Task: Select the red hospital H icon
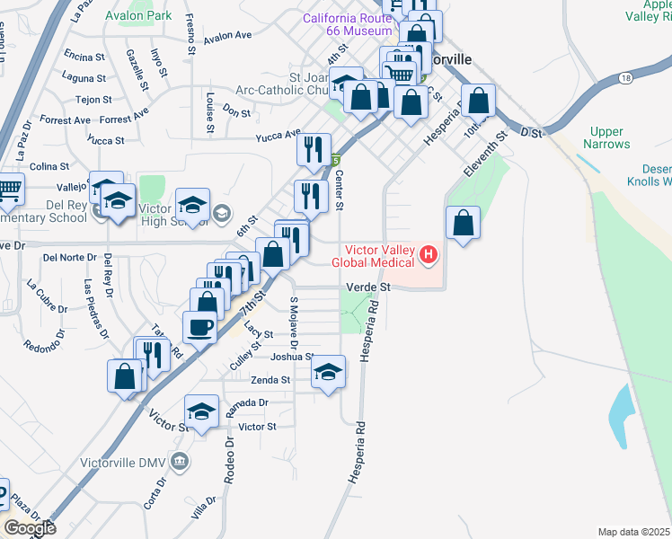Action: [429, 256]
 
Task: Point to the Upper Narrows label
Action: [606, 137]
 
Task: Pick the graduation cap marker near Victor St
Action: [201, 412]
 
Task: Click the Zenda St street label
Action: [270, 380]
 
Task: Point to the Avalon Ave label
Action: [227, 37]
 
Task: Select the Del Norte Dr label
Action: [70, 257]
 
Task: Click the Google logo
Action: [30, 528]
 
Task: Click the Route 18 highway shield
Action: [625, 80]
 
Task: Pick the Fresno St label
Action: [190, 35]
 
